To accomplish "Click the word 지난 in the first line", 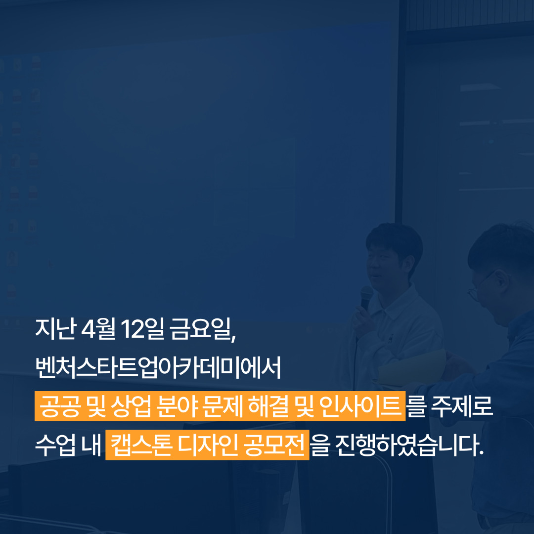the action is coord(55,329).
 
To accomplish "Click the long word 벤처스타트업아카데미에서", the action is coord(158,367).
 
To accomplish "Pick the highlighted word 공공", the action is coord(60,406).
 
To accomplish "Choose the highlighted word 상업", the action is coord(131,406).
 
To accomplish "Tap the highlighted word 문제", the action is coord(222,406).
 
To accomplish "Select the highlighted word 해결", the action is coord(268,406).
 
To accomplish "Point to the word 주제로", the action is coord(462,406).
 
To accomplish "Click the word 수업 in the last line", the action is coord(55,445).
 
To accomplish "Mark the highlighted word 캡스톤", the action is coord(141,445).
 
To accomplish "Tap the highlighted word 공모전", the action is coord(274,445).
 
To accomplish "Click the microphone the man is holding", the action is coord(366,297).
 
